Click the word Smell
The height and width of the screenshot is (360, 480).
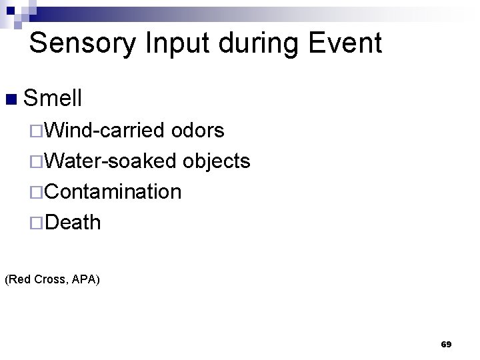tap(53, 99)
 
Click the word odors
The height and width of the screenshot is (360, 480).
tap(198, 131)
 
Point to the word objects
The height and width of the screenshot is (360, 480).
tap(217, 161)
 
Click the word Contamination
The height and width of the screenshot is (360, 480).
tap(113, 191)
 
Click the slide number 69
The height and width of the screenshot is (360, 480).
tap(446, 345)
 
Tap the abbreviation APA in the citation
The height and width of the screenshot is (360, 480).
tap(87, 279)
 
